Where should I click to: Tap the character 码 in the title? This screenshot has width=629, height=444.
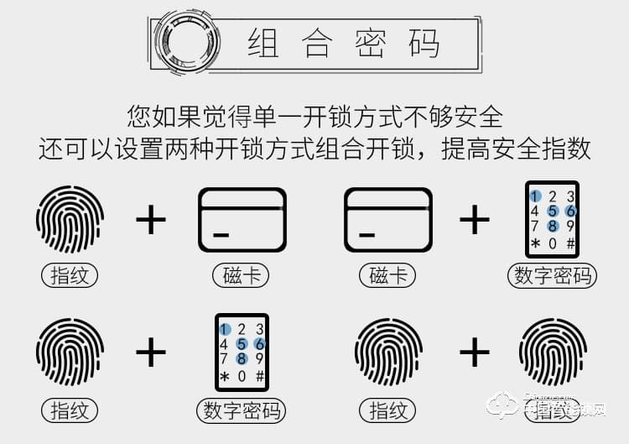(x=424, y=43)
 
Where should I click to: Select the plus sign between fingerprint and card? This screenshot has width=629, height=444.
(x=151, y=220)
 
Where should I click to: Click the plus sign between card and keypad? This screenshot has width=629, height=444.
(x=474, y=220)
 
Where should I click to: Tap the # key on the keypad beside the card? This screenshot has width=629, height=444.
(x=570, y=243)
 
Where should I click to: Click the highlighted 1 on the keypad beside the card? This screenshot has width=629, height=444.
(x=534, y=196)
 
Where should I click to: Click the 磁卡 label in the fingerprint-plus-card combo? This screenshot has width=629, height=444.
(x=242, y=275)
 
